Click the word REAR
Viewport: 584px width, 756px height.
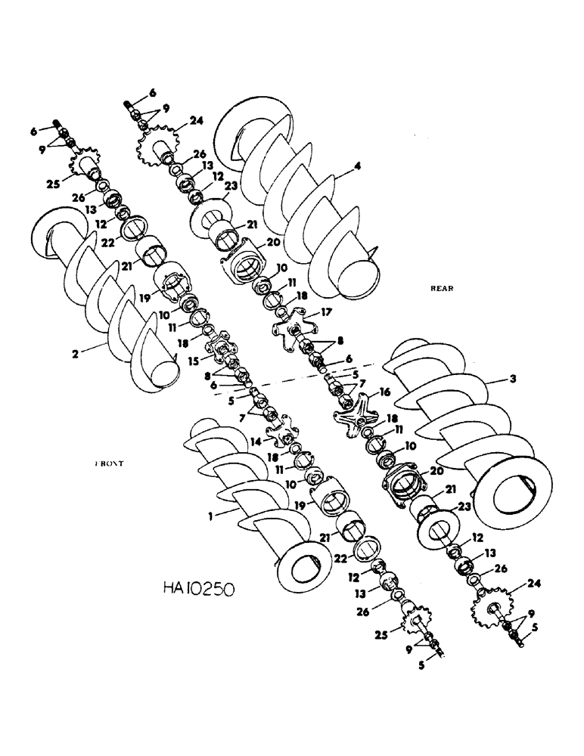point(441,288)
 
